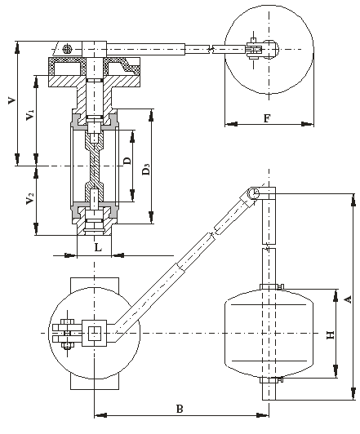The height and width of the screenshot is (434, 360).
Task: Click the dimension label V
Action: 11,100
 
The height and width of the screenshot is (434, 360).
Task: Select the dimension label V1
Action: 30,115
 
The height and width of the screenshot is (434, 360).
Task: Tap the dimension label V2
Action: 30,198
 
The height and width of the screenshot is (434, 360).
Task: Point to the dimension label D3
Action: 146,169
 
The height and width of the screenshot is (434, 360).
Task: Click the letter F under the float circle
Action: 267,118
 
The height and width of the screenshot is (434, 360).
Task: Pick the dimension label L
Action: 98,247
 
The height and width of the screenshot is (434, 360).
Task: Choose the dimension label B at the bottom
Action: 180,409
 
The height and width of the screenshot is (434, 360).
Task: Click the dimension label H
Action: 331,335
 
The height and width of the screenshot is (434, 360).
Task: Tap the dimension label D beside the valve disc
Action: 127,161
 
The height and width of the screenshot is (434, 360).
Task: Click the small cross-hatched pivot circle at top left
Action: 67,49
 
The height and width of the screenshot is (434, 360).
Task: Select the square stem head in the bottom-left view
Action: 95,333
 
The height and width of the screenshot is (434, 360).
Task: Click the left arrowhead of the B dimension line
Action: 100,415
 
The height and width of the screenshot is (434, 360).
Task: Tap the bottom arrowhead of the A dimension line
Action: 353,393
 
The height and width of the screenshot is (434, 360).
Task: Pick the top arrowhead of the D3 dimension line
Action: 151,115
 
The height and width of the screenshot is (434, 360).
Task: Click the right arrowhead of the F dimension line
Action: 308,124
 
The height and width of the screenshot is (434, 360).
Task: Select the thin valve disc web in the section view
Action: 95,166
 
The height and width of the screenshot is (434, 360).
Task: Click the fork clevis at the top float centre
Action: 254,50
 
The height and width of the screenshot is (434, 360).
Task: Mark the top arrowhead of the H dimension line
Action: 336,295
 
